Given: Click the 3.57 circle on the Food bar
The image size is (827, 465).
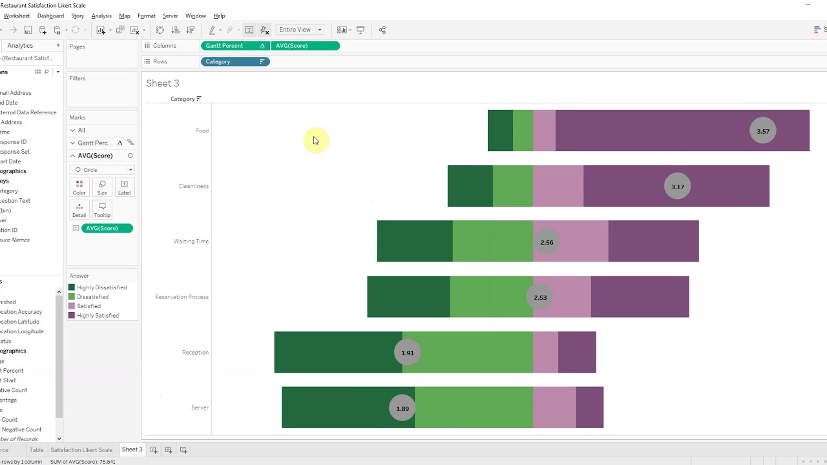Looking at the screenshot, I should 763,131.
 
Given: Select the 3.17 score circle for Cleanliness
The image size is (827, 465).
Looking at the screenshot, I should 677,187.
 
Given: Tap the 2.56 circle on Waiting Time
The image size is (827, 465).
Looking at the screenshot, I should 547,242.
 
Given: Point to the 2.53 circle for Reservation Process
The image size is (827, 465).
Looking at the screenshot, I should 540,297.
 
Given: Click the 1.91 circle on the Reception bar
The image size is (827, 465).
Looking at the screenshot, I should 407,353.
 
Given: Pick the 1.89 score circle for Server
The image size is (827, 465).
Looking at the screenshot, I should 402,408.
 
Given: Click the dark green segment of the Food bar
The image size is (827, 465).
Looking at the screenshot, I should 500,130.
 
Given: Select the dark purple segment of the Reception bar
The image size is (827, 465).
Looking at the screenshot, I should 577,352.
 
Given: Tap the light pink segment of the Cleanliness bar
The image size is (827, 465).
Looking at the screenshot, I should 558,186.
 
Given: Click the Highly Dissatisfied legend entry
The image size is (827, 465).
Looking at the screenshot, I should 101,287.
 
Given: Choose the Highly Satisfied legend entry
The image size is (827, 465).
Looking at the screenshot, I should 98,316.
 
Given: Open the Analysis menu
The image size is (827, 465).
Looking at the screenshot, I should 101,15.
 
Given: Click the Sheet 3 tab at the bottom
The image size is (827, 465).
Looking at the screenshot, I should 132,449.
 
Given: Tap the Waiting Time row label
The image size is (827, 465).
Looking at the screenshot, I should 191,242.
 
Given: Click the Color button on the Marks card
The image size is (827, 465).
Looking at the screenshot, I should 79,188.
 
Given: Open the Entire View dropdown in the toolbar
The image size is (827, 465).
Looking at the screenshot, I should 300,30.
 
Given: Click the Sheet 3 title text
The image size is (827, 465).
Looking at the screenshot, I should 163,83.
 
